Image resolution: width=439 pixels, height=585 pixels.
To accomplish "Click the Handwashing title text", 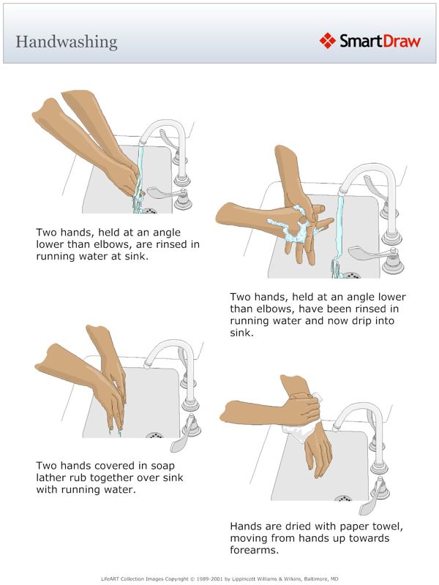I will pyautogui.click(x=66, y=41).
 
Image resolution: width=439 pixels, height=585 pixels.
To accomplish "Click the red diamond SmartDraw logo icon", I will pyautogui.click(x=328, y=40).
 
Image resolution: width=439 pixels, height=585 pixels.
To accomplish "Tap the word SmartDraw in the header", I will pyautogui.click(x=379, y=40).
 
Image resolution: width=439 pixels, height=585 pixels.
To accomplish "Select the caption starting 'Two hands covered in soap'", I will pyautogui.click(x=110, y=478).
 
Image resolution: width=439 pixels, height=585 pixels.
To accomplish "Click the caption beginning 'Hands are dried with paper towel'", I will pyautogui.click(x=318, y=539).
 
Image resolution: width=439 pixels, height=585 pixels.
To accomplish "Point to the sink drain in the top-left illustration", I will pyautogui.click(x=149, y=211).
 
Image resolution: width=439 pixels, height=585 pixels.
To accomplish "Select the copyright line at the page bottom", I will pyautogui.click(x=219, y=578).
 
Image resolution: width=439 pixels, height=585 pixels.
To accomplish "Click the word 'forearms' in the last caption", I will pyautogui.click(x=256, y=551).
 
